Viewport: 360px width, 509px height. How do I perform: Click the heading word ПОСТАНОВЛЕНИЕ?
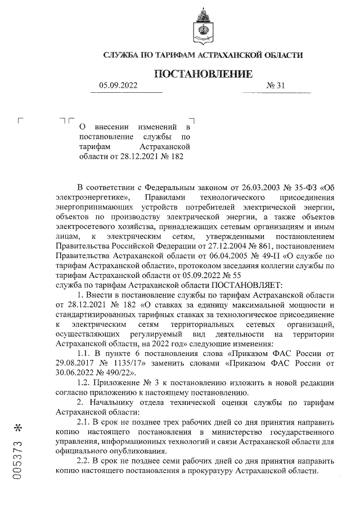[203, 74]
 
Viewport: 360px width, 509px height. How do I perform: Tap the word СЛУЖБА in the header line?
[123, 55]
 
